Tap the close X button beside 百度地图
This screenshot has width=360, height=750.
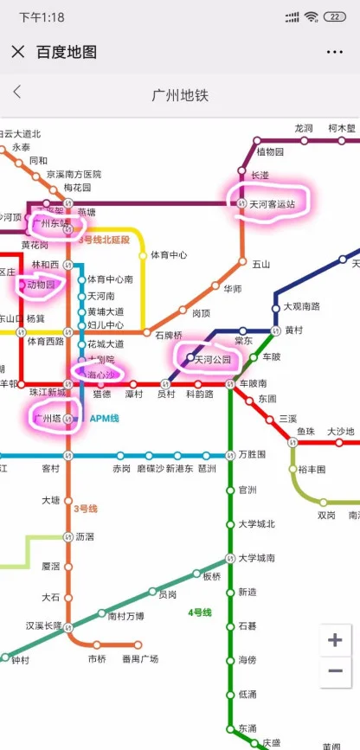[17, 52]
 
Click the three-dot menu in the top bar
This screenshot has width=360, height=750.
[334, 52]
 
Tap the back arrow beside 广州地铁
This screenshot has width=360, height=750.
[17, 93]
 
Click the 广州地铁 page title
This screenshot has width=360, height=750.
[180, 94]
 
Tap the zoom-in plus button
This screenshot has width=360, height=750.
[335, 640]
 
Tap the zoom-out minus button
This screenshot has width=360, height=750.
[335, 671]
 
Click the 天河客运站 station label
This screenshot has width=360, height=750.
[273, 203]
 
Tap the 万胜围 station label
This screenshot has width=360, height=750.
[252, 454]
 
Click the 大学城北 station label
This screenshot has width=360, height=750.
[256, 523]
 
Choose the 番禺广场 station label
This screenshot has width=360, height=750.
[140, 659]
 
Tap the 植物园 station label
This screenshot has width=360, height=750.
[271, 152]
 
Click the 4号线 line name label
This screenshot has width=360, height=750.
[200, 612]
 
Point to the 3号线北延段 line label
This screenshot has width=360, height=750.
[105, 238]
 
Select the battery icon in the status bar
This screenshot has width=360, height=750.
[334, 16]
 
